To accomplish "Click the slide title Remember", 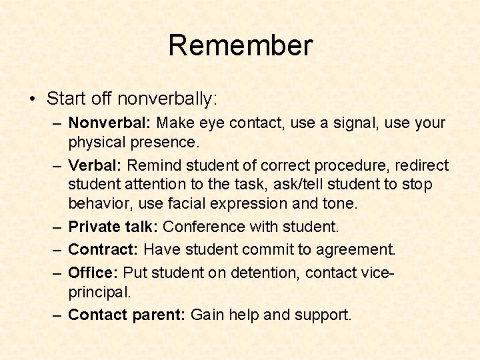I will (240, 45).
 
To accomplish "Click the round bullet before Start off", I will (33, 100).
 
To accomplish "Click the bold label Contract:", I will (103, 249).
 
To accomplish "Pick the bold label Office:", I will (93, 273).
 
